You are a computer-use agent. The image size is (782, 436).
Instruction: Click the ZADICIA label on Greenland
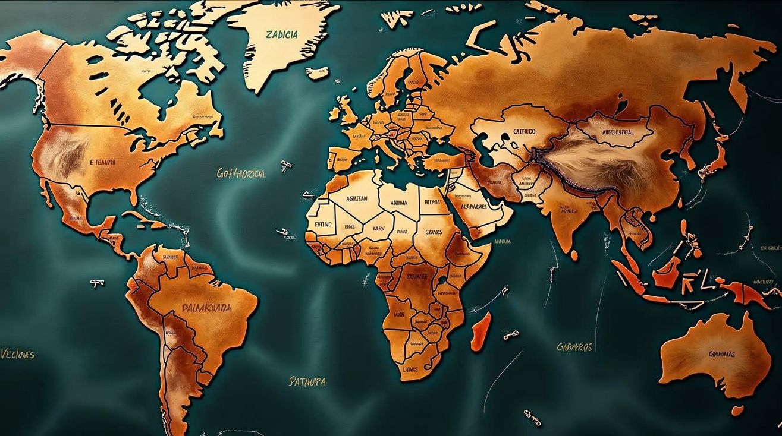(x=282, y=34)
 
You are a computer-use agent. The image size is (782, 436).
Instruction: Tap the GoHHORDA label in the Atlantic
(x=241, y=173)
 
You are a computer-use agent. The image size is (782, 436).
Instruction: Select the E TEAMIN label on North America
(x=102, y=162)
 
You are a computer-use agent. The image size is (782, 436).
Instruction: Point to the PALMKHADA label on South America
(x=206, y=308)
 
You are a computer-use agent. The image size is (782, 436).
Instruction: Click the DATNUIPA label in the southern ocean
(x=307, y=381)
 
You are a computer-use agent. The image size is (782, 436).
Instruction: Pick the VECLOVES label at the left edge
(x=17, y=355)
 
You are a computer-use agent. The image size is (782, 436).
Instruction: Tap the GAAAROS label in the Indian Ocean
(x=574, y=346)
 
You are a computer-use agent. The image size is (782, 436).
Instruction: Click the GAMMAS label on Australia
(x=721, y=354)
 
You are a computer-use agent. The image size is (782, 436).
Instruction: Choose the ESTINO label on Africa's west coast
(x=323, y=225)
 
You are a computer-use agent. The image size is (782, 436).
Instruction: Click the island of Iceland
(x=318, y=72)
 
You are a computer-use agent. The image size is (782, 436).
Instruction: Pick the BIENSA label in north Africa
(x=432, y=202)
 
